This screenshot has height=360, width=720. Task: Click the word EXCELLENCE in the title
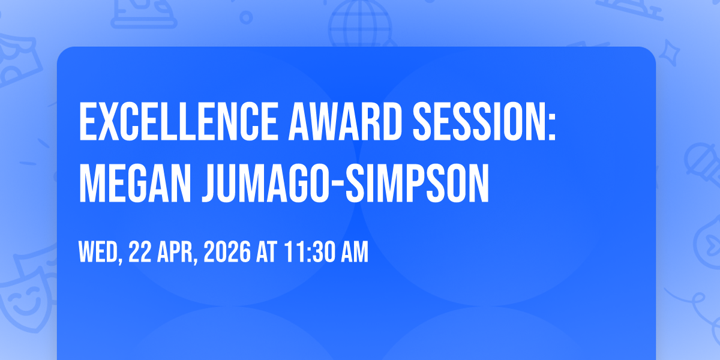click(x=178, y=121)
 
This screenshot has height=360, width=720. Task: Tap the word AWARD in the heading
click(x=345, y=121)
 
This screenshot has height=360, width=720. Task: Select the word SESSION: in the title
click(x=484, y=121)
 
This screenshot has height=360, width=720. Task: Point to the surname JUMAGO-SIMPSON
click(x=346, y=183)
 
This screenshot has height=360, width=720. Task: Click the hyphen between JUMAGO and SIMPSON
click(x=337, y=185)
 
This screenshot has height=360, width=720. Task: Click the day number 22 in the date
click(x=140, y=251)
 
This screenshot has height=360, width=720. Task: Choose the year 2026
click(x=227, y=251)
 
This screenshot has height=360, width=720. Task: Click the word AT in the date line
click(x=267, y=251)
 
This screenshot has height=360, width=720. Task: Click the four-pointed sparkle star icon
click(x=669, y=53)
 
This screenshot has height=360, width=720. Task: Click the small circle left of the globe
click(x=246, y=17)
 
